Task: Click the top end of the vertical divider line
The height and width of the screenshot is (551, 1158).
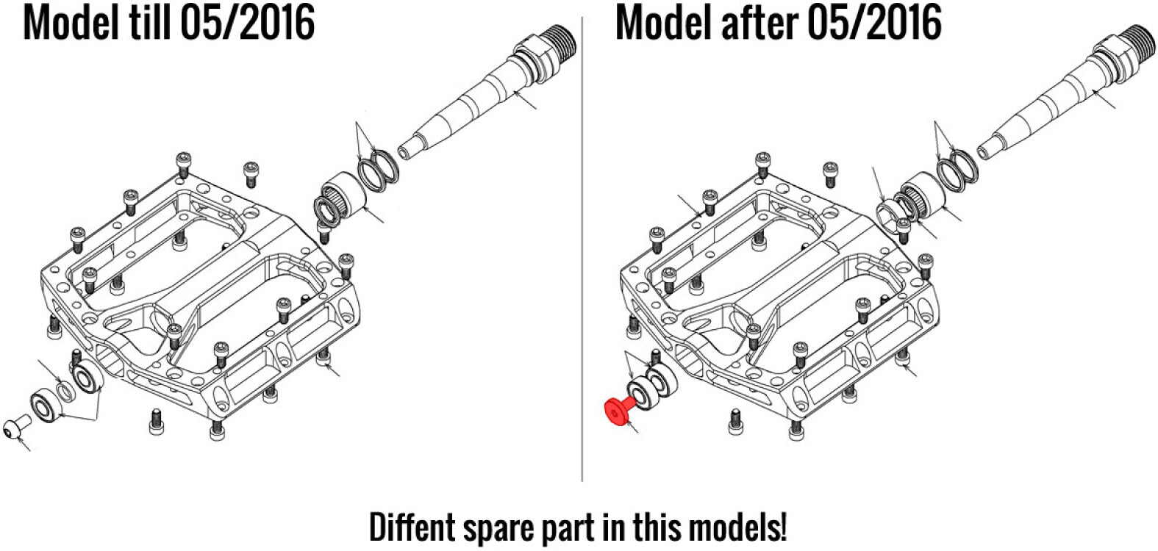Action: pyautogui.click(x=582, y=17)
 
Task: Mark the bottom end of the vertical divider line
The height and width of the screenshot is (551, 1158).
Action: pyautogui.click(x=582, y=481)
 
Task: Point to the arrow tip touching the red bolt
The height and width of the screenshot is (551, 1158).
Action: pyautogui.click(x=626, y=422)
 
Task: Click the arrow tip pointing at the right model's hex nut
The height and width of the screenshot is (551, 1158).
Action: pyautogui.click(x=883, y=205)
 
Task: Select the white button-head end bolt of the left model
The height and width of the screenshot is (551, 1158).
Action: pyautogui.click(x=16, y=427)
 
